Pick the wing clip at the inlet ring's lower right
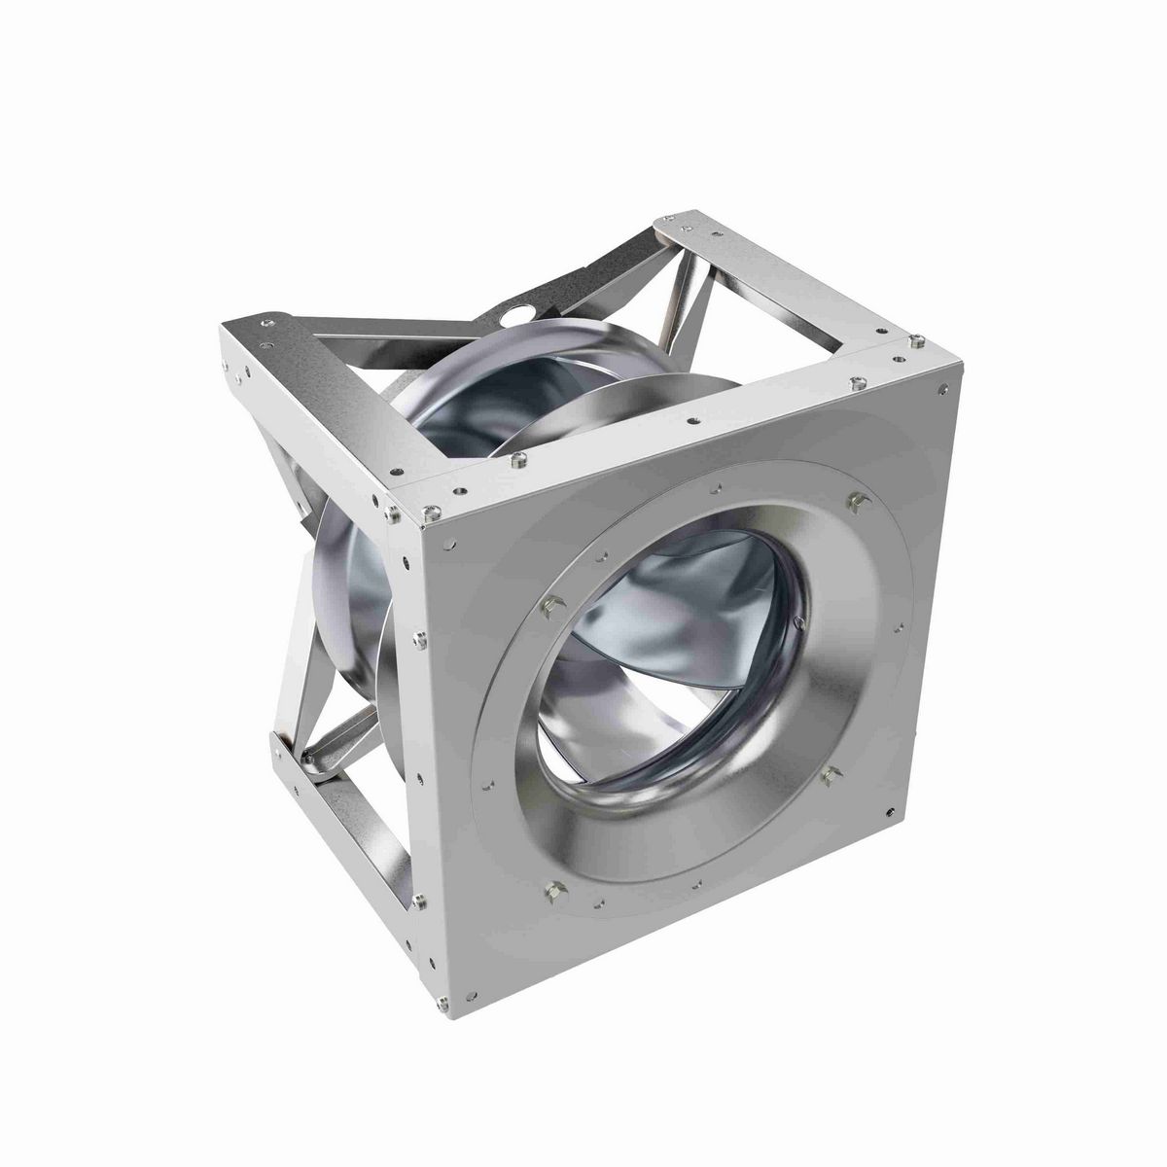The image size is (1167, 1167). coord(830,773)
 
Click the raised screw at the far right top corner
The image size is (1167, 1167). coord(914,339)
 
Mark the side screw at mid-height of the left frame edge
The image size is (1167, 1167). coord(418,639)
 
